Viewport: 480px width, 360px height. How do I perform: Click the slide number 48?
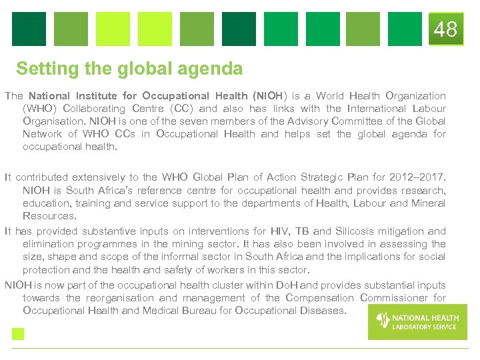[x=445, y=29]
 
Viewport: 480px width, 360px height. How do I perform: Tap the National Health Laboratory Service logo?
[x=417, y=321]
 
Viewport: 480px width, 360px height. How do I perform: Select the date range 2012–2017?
[x=422, y=177]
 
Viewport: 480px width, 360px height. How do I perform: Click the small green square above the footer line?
[x=18, y=334]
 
